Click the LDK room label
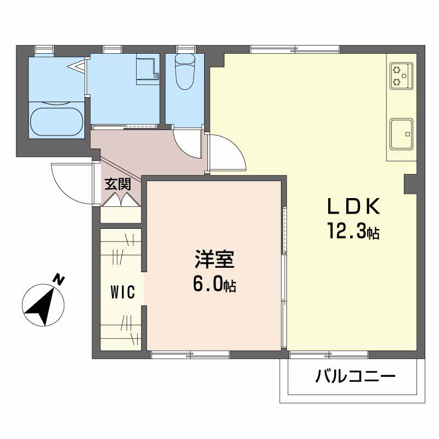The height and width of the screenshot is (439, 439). click(x=353, y=207)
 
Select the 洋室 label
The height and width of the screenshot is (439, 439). click(x=215, y=259)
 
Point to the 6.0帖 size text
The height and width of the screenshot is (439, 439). click(x=215, y=284)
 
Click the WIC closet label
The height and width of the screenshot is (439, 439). click(x=123, y=292)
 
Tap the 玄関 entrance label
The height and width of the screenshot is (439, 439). click(x=117, y=184)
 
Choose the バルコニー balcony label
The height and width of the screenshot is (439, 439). click(x=355, y=377)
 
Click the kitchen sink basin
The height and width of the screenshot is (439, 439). click(x=402, y=133)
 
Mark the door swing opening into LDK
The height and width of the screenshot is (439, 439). click(x=226, y=154)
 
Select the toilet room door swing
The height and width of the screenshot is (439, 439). click(x=188, y=142)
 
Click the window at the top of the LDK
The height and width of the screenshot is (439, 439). click(x=295, y=49)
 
